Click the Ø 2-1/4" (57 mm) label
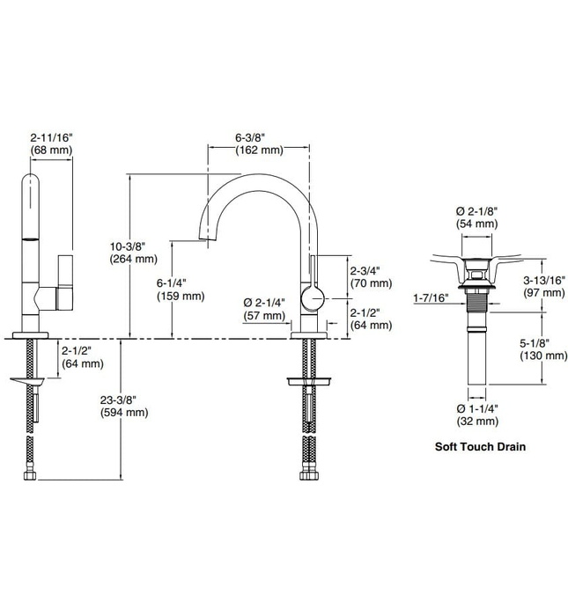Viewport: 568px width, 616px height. (x=264, y=309)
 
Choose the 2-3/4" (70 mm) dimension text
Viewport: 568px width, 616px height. (x=370, y=277)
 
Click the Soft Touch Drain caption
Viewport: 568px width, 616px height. (x=481, y=446)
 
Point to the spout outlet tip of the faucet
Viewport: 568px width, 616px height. (x=211, y=238)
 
